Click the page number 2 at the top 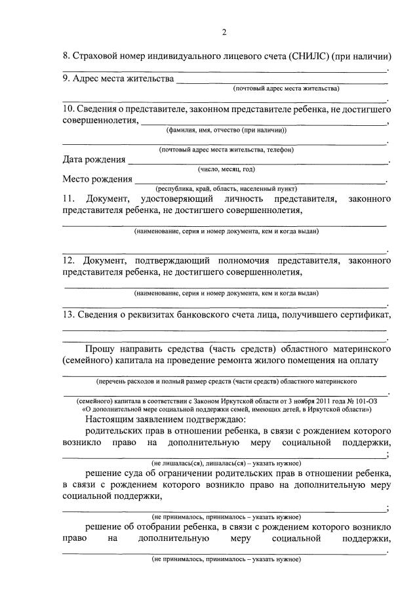[224, 32]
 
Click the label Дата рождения [94, 159]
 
